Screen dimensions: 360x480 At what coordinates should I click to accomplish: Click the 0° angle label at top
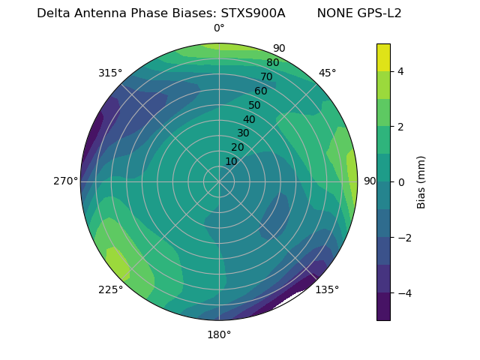coord(219,28)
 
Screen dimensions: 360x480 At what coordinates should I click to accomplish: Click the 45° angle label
coord(328,73)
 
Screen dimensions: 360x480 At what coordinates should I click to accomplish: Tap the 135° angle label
coord(327,289)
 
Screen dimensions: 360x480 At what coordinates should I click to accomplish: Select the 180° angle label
coord(219,334)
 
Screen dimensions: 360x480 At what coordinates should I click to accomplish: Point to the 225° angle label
coord(110,290)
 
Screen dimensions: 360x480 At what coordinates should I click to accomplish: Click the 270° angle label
coord(65,181)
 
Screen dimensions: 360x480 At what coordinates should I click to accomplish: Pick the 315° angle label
coord(110,73)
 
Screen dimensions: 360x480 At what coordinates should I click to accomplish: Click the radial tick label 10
coord(231,161)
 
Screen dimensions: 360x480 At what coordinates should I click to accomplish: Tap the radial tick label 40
coord(249,119)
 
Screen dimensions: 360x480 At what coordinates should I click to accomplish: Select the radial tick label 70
coord(266,76)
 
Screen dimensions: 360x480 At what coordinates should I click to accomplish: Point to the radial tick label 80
coord(272,62)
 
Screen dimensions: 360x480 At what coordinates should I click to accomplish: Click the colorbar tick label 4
coord(401,71)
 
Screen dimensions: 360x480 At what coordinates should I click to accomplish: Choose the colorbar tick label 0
coord(401,182)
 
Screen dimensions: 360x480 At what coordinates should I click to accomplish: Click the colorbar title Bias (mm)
coord(421,181)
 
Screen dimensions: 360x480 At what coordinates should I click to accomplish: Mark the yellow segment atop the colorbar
coord(383,57)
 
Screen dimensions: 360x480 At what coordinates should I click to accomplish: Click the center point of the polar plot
coord(219,181)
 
